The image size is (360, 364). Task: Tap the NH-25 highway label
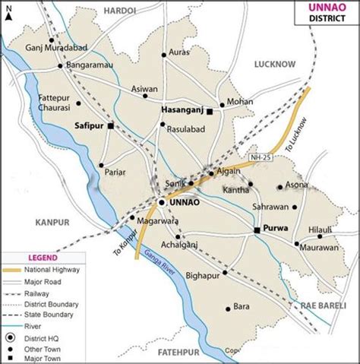point(261,157)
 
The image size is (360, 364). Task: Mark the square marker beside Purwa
point(257,229)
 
